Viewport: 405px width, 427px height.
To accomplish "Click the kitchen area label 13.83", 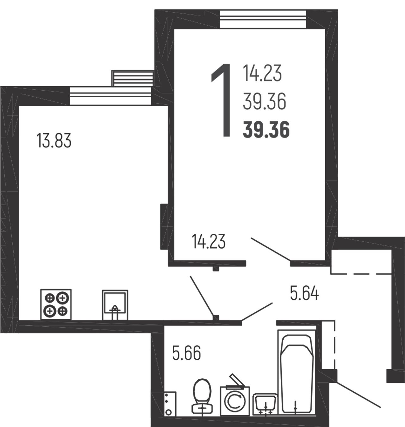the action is tap(54, 141).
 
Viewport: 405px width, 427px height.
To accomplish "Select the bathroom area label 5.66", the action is tap(186, 353).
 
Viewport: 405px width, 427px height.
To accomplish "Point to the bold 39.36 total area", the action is tap(266, 130).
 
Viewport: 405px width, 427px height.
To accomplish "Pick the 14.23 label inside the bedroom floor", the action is tap(209, 241).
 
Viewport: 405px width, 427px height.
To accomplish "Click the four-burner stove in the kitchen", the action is tap(56, 304).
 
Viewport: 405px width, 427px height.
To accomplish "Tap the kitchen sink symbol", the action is tap(115, 305).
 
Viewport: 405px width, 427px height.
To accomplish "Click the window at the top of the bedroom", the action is tap(263, 19).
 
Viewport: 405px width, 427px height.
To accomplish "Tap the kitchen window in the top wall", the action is tap(110, 96).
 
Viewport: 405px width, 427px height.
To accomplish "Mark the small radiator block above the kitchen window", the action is tap(133, 78).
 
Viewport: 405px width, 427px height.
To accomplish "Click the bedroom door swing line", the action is tap(271, 249).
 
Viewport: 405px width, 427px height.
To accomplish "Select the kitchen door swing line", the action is tap(202, 296).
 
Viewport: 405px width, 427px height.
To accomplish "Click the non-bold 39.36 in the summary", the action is tap(264, 101).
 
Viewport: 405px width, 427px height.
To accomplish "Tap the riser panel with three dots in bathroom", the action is tap(170, 404).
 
